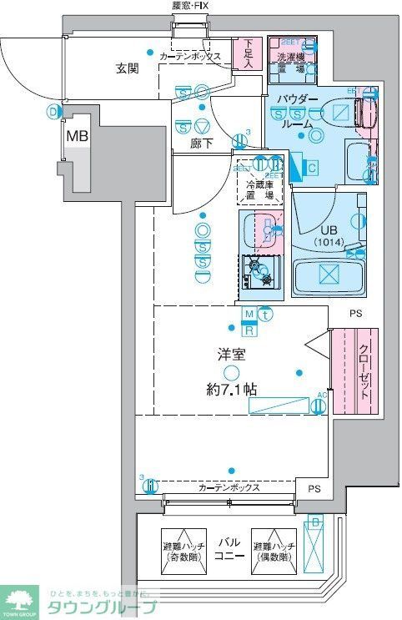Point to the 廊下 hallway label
200,144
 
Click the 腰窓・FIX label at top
194,7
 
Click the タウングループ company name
105,607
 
